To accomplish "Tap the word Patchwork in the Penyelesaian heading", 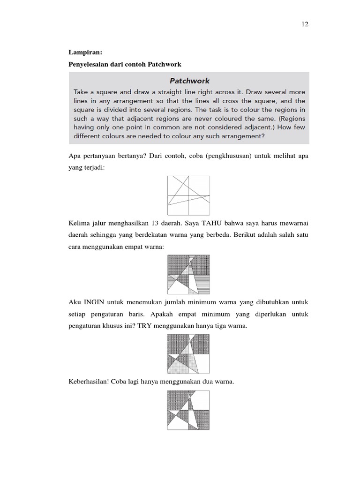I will [x=164, y=63].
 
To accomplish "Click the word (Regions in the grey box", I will [x=289, y=119].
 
